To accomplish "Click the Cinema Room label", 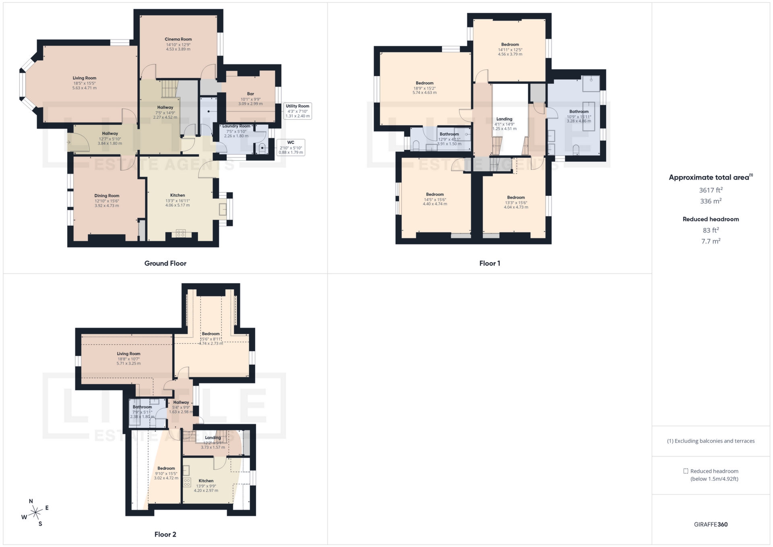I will [178, 39].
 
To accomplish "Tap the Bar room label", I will [250, 94].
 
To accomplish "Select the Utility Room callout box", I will [298, 111].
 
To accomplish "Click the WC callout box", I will [291, 147].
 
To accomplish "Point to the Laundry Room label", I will [236, 126].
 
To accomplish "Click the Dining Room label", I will [107, 196].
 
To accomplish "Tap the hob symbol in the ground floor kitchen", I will [181, 233].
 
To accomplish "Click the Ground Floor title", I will [165, 263].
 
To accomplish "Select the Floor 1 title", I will [490, 263].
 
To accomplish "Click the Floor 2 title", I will [165, 535].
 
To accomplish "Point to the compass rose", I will [36, 512].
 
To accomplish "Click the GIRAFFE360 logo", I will [711, 524].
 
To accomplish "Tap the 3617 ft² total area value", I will [711, 190].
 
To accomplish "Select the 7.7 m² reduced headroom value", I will [711, 241].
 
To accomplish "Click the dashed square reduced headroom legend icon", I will [686, 471].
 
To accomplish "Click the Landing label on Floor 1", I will [504, 119].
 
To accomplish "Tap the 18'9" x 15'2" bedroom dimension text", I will [424, 88].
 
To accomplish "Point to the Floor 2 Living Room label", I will [128, 354].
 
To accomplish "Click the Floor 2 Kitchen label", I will [206, 481].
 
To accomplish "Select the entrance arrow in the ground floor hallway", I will [69, 142].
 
